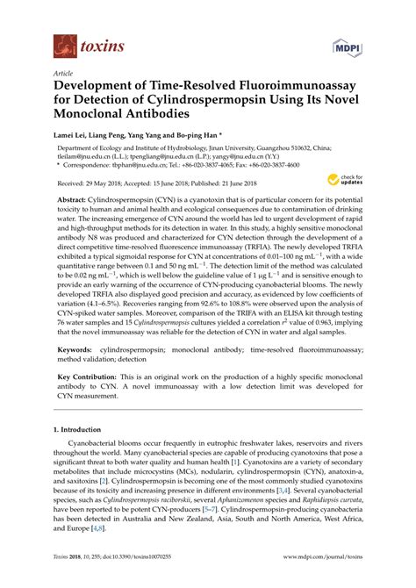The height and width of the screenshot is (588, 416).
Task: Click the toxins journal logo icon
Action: click(x=63, y=41)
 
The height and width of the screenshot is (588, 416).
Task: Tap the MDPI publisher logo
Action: click(x=342, y=44)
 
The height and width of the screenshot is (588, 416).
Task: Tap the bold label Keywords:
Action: click(x=78, y=324)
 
